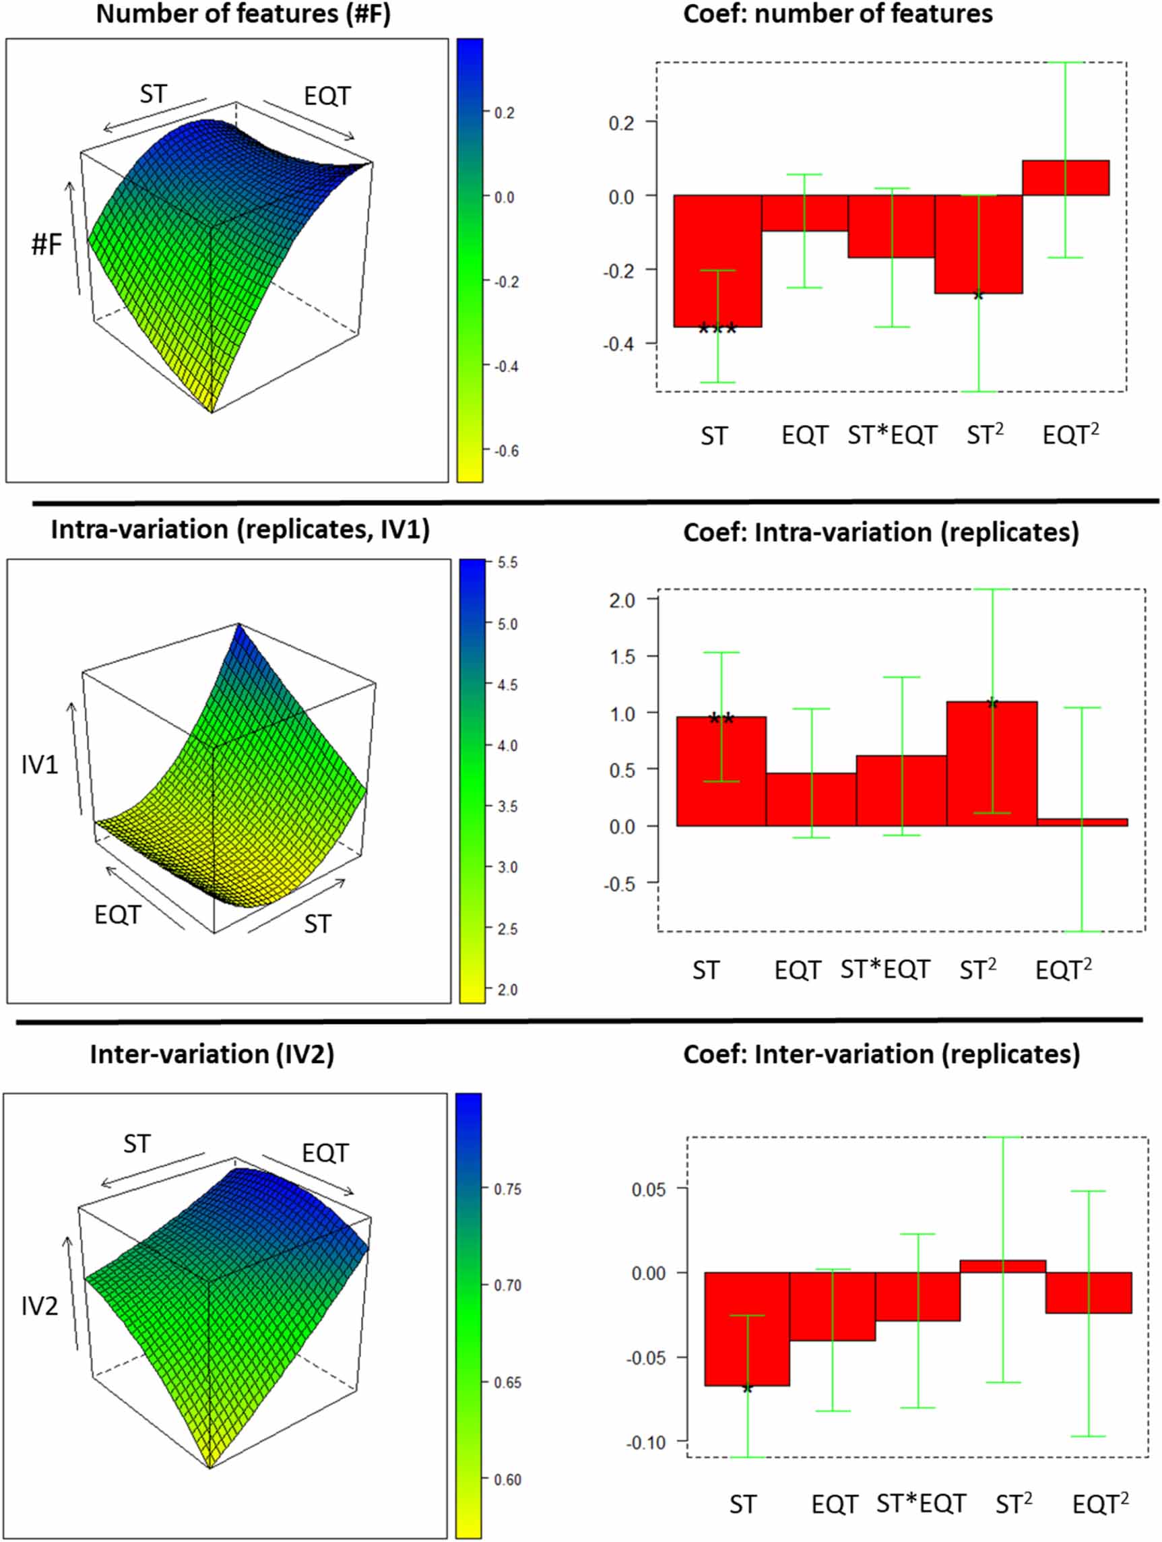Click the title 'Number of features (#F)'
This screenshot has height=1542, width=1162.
tap(243, 14)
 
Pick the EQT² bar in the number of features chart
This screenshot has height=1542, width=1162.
tap(1065, 178)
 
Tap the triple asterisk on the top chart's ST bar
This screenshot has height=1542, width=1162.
tap(717, 328)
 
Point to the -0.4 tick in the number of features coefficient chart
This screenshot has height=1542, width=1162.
tap(619, 344)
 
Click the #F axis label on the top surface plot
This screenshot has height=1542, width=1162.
tap(46, 245)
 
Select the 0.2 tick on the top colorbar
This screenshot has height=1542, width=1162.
tap(504, 113)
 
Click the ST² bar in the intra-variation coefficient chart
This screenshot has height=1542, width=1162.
tap(991, 763)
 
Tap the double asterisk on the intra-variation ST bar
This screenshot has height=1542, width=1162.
tap(721, 718)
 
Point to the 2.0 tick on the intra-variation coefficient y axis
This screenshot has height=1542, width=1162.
tap(622, 600)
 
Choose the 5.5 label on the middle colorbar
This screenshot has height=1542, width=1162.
tap(507, 563)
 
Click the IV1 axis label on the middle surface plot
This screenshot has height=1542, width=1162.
tap(40, 765)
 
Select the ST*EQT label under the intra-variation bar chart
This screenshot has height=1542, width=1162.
tap(885, 969)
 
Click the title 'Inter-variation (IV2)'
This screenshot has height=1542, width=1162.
tap(212, 1054)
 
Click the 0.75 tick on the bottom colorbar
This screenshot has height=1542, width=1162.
tap(507, 1188)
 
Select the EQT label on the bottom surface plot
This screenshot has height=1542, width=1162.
tap(325, 1153)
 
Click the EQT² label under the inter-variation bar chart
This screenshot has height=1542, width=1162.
tap(1100, 1504)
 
